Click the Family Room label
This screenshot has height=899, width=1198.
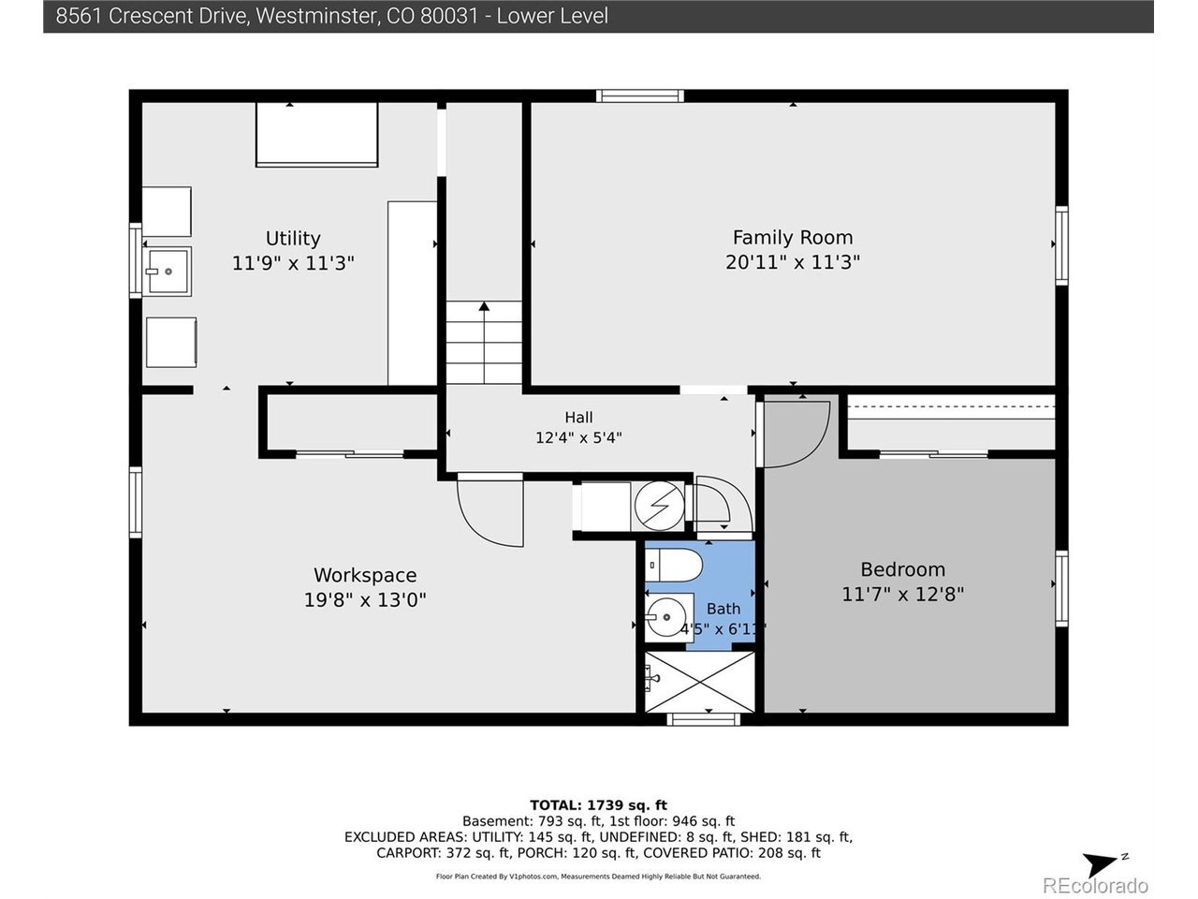[792, 238]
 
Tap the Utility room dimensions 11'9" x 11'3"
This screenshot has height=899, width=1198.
[293, 264]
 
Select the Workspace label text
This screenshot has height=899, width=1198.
[365, 575]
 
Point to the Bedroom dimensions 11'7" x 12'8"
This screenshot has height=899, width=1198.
[903, 594]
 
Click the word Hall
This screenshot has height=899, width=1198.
[578, 418]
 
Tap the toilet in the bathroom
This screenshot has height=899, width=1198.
[674, 566]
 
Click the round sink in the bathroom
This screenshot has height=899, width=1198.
[665, 617]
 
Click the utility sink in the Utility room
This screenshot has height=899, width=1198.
[167, 272]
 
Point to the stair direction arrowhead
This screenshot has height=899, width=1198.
[484, 306]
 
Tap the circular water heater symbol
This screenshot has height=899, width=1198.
[659, 506]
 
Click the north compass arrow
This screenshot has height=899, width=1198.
[1101, 864]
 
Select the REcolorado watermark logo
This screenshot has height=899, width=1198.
[1095, 885]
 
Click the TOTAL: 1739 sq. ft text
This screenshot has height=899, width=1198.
[598, 805]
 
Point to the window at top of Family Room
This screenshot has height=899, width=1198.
[639, 96]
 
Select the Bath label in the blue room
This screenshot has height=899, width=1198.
[723, 609]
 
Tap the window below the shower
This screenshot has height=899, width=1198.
[704, 719]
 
